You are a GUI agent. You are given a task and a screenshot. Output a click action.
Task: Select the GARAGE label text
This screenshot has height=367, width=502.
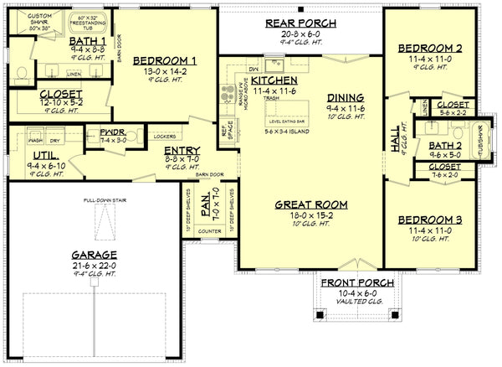pyautogui.click(x=93, y=254)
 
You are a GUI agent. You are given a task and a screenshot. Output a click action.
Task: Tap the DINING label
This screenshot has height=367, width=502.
pyautogui.click(x=344, y=97)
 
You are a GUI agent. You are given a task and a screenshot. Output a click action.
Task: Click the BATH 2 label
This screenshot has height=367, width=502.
pyautogui.click(x=446, y=144)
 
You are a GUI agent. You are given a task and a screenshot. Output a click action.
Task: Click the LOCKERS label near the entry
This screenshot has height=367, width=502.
pyautogui.click(x=164, y=134)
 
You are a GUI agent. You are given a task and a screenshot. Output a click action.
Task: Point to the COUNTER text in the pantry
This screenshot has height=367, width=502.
pyautogui.click(x=210, y=229)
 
